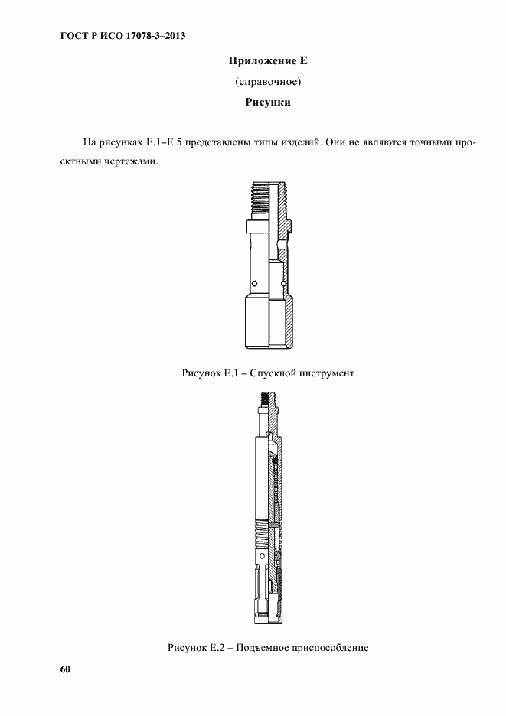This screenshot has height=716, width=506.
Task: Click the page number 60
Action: tap(65, 669)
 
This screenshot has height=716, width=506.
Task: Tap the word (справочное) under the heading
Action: tap(267, 80)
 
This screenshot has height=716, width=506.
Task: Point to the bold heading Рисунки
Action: tap(267, 101)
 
